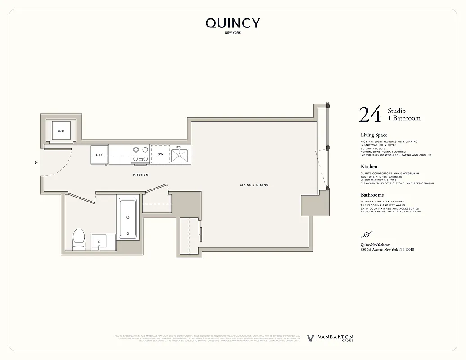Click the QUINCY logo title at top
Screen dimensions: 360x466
(233, 23)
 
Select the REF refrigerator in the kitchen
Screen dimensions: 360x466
(100, 155)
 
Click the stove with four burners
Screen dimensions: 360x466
(140, 154)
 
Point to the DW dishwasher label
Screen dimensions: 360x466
(160, 155)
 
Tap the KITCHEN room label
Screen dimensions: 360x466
(140, 175)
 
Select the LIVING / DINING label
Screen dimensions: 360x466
(254, 185)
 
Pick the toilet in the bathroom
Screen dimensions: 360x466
(79, 239)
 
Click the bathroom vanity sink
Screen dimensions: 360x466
(99, 242)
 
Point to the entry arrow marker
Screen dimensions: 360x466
(36, 162)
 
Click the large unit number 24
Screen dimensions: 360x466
(370, 115)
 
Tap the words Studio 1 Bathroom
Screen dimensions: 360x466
(403, 115)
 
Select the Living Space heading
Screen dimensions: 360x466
(374, 135)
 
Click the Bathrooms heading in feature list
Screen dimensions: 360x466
(372, 195)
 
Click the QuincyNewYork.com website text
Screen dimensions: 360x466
(376, 244)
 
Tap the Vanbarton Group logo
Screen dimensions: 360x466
(330, 338)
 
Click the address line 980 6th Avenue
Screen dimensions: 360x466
(387, 249)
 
